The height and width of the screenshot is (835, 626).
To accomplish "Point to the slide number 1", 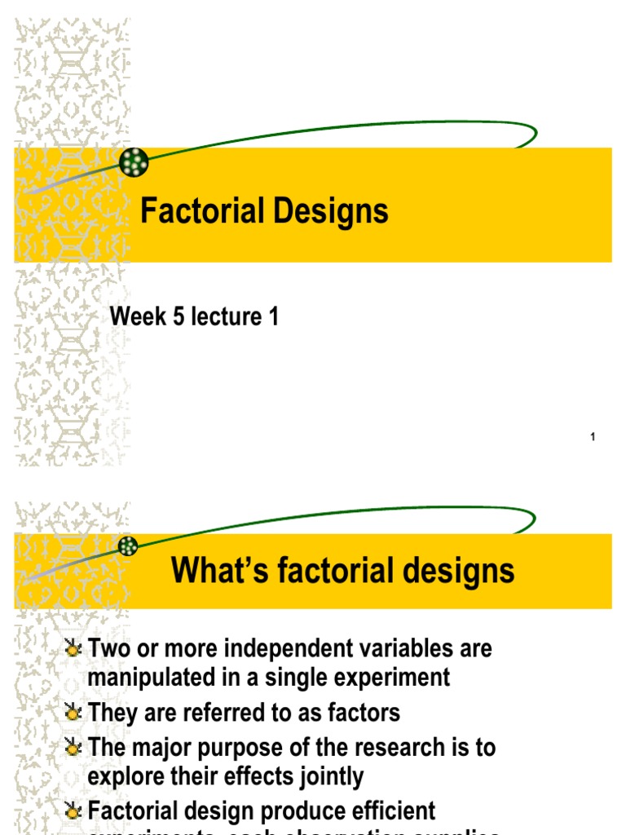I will click(593, 438).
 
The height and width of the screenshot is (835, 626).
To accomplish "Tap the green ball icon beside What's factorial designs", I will click(129, 546).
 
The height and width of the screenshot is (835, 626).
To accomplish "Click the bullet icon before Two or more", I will click(74, 649).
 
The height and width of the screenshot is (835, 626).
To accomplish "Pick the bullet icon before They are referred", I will click(74, 714).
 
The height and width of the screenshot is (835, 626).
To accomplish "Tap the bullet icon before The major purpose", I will click(74, 747).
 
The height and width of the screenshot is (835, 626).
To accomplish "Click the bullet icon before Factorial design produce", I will click(74, 811).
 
